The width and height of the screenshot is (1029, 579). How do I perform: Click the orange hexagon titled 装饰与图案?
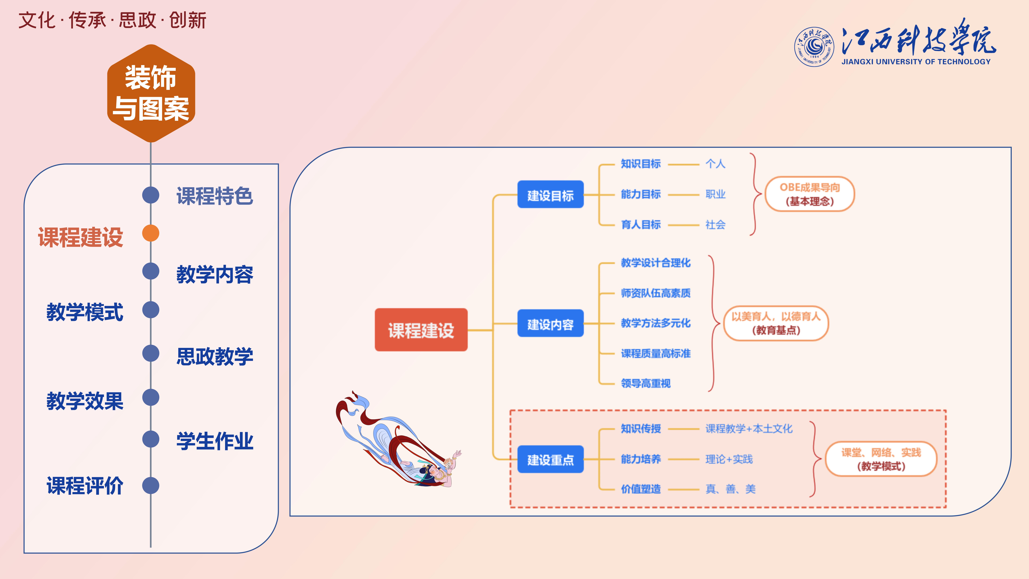point(151,93)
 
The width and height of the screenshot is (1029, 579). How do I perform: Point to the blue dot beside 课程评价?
point(151,485)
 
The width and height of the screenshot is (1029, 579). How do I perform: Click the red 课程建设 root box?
point(421,330)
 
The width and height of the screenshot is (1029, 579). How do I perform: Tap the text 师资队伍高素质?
point(655,293)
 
